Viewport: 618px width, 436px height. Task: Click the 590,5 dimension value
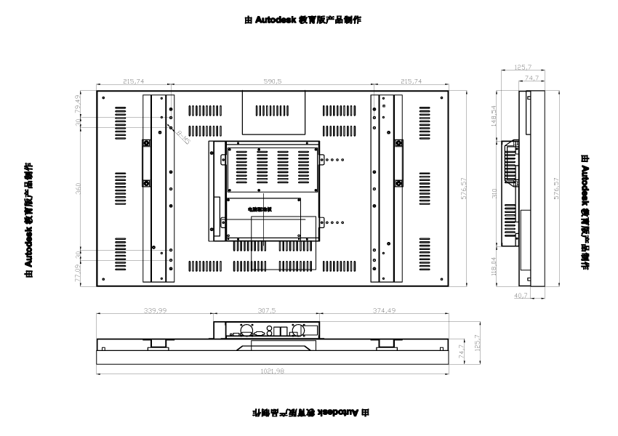click(x=273, y=82)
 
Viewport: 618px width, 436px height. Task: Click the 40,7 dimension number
click(x=521, y=296)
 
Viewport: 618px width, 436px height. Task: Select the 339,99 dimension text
click(x=156, y=310)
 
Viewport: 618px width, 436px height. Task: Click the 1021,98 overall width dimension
click(x=272, y=371)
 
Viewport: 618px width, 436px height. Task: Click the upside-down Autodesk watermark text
click(x=310, y=412)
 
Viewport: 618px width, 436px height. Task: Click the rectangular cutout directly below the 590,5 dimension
click(x=273, y=112)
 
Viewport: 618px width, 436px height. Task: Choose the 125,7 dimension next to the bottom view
click(x=477, y=342)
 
